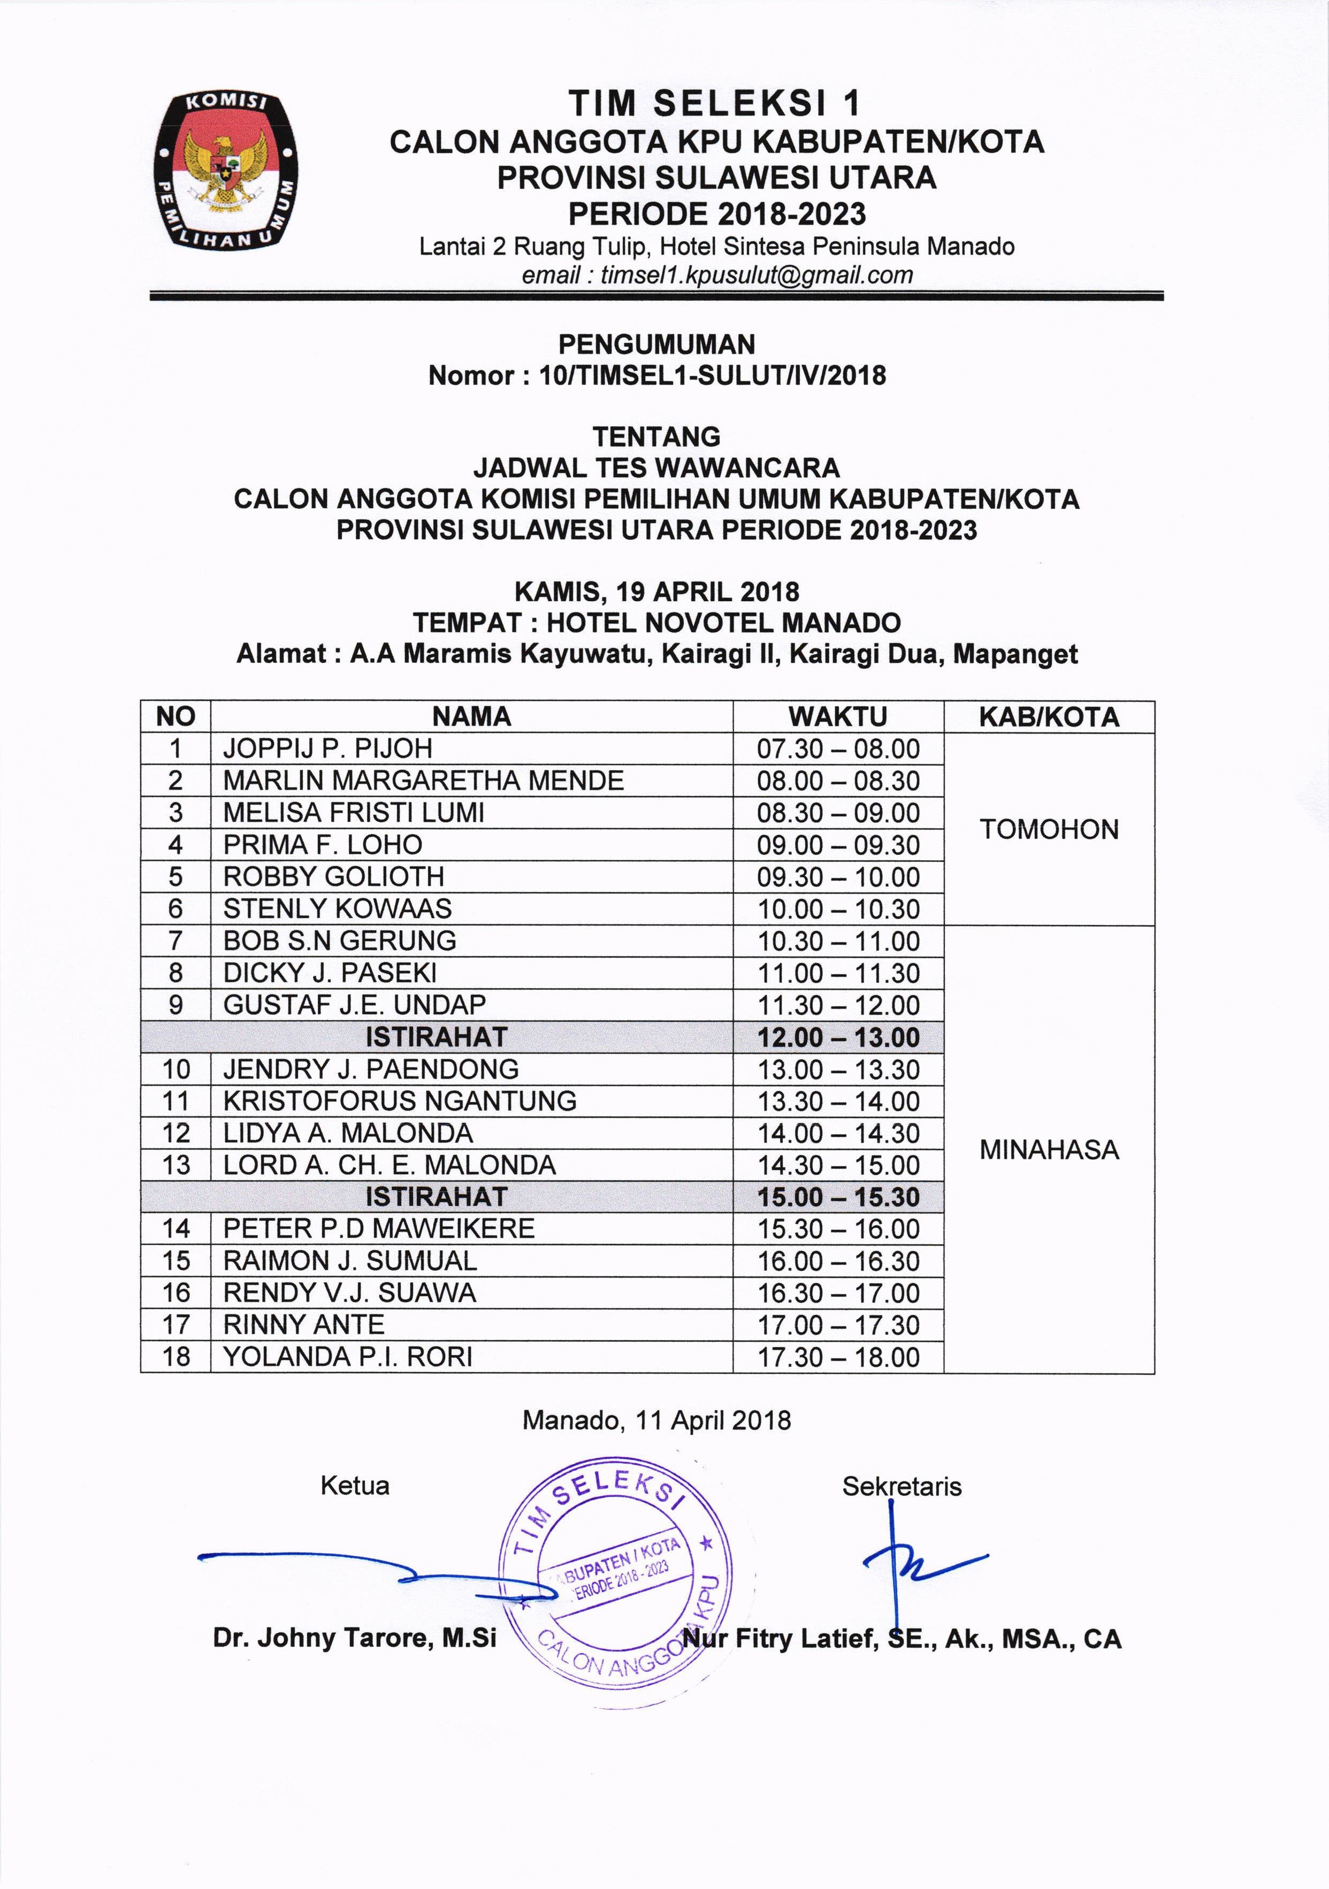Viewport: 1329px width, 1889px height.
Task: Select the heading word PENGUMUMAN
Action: point(656,344)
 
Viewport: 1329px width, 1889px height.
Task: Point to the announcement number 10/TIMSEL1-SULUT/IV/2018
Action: point(712,376)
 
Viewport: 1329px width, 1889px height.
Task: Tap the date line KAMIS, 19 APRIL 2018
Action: point(656,592)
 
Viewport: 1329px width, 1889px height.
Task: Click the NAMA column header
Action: point(471,717)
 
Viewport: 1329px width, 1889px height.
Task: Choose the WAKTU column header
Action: point(838,717)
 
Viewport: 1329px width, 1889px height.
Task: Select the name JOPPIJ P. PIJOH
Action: point(327,748)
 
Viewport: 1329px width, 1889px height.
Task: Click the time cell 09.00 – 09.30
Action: point(838,845)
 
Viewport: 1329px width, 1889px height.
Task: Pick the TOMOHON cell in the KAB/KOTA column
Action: point(1049,829)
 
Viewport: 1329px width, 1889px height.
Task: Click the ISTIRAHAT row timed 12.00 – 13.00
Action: point(436,1037)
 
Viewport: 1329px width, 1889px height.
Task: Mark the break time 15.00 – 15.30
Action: point(838,1197)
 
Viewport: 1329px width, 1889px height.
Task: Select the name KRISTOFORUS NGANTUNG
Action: point(400,1101)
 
